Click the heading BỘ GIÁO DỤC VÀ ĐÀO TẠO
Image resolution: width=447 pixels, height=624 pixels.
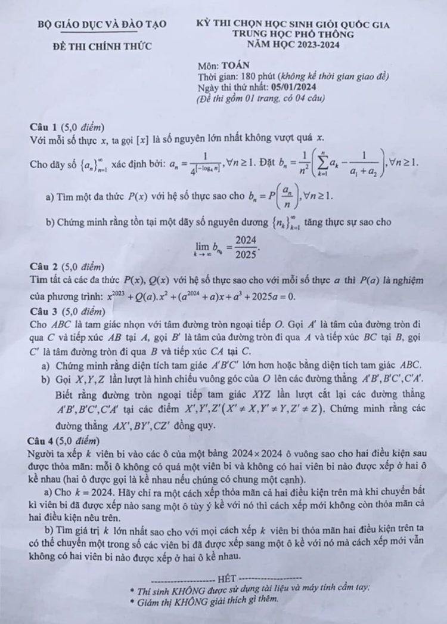click(x=102, y=24)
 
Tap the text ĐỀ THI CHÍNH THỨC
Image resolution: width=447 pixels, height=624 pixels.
click(x=102, y=46)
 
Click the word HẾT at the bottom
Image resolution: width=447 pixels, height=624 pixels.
click(x=227, y=578)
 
